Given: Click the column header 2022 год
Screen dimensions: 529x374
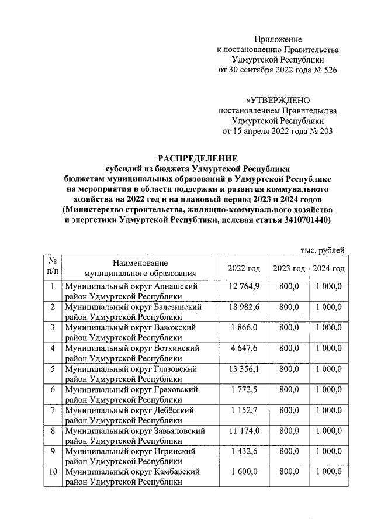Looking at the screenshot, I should pos(244,268).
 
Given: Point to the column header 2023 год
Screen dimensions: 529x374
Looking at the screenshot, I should pos(289,268).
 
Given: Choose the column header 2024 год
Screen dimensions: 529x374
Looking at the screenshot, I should pos(328,268).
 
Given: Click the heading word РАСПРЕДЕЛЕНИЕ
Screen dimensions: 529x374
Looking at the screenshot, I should pos(198,158).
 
